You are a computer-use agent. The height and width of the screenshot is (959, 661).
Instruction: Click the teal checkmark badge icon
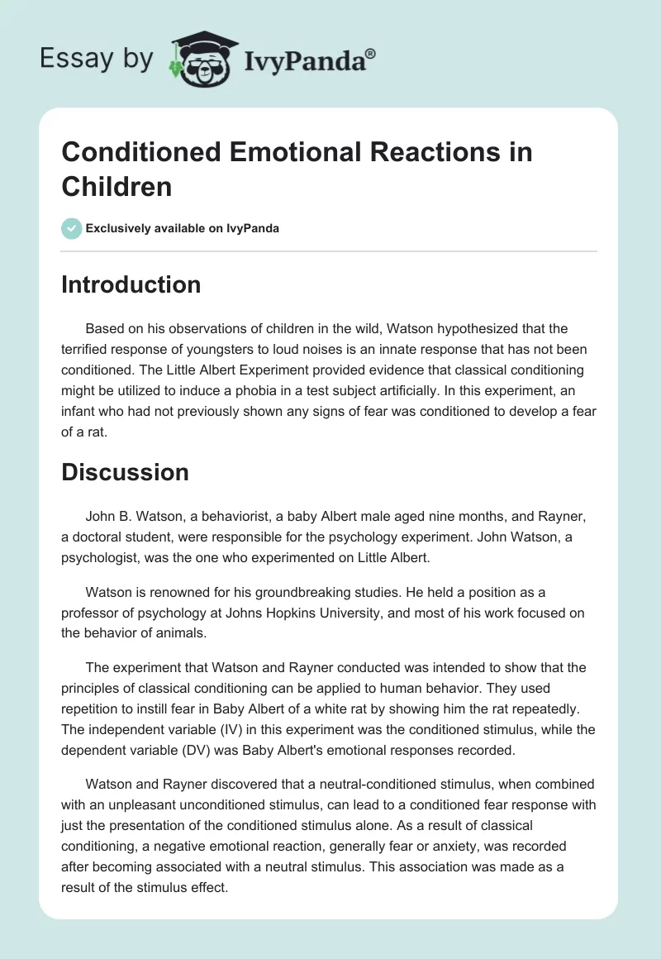(72, 228)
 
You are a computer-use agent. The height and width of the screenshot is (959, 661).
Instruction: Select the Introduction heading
(131, 284)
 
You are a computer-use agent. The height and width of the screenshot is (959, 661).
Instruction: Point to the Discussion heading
(125, 472)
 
